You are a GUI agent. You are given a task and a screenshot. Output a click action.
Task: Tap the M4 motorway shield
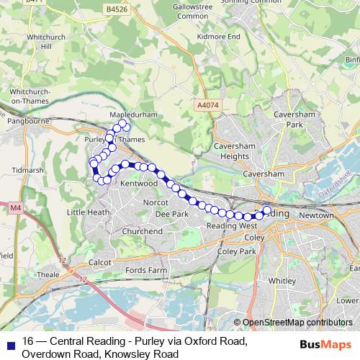(15, 208)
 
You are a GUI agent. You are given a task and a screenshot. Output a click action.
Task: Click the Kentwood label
(138, 184)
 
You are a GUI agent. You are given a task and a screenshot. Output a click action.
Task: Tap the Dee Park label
(171, 215)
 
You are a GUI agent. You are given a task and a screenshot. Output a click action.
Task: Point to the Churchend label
(142, 231)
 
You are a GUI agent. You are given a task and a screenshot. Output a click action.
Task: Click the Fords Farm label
(147, 269)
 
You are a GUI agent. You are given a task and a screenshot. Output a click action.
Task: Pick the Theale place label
(48, 274)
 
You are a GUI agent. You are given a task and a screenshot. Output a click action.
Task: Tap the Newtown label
(316, 215)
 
